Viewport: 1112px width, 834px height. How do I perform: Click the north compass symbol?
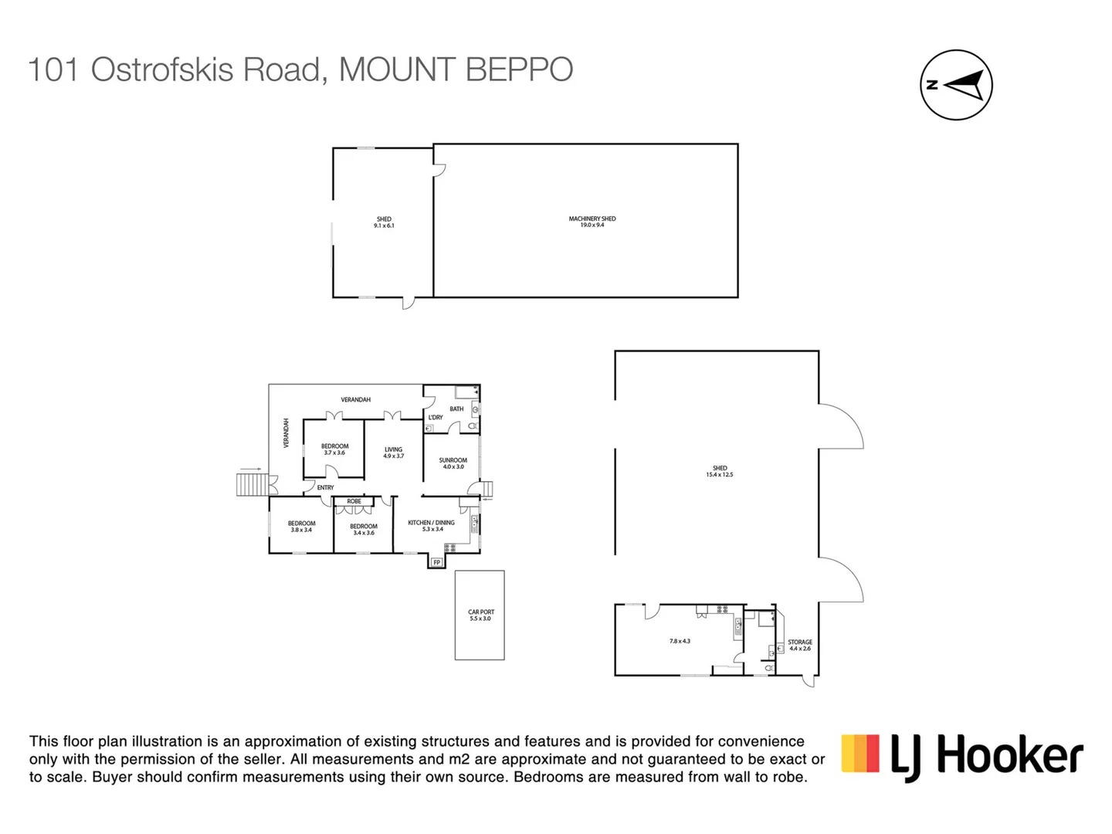coord(956,85)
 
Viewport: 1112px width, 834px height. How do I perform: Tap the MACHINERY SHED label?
coord(592,219)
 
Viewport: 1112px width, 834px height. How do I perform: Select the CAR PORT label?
coord(480,612)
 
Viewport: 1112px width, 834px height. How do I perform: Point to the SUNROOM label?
coord(453,460)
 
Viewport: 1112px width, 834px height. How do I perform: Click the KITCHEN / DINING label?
coord(431,523)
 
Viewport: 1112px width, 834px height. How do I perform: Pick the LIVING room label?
coord(393,449)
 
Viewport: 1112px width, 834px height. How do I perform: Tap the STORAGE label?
coord(800,642)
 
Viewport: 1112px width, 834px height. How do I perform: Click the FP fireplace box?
coord(437,562)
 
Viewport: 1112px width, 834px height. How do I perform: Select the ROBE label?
coord(354,501)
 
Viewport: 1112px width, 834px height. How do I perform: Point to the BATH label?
coord(456,409)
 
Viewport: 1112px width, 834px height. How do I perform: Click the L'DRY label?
coord(436,418)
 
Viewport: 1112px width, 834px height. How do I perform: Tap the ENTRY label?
coord(325,487)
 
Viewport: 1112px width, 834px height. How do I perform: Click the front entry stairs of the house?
coord(251,484)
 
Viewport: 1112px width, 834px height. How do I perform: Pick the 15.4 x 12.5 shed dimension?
coord(719,475)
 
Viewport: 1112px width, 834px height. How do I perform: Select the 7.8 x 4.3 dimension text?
coord(680,641)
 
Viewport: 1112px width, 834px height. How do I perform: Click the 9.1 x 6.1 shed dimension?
coord(384,225)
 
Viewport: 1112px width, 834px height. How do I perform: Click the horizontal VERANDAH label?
coord(356,399)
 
